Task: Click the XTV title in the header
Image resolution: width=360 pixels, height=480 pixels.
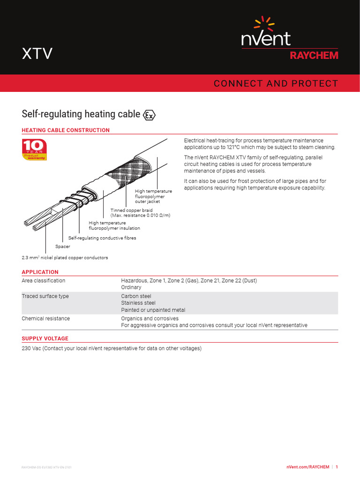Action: tap(37, 54)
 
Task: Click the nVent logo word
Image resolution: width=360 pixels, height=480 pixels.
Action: tap(266, 38)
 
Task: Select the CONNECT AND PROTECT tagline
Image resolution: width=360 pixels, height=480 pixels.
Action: tap(275, 83)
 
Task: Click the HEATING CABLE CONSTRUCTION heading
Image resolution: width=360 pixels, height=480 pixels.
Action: tap(66, 130)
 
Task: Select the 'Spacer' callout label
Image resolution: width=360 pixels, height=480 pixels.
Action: tap(62, 246)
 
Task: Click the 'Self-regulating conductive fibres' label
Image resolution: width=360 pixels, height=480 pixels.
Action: tap(102, 238)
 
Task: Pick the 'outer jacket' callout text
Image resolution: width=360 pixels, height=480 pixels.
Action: tap(147, 202)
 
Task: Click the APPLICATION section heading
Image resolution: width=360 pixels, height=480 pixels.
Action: tap(40, 272)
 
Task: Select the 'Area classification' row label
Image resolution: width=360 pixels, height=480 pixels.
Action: tap(44, 280)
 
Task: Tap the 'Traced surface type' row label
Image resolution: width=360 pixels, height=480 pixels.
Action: tap(45, 296)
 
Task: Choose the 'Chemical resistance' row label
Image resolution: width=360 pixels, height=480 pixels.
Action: tap(46, 318)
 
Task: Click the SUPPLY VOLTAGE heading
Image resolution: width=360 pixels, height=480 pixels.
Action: tap(45, 338)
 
